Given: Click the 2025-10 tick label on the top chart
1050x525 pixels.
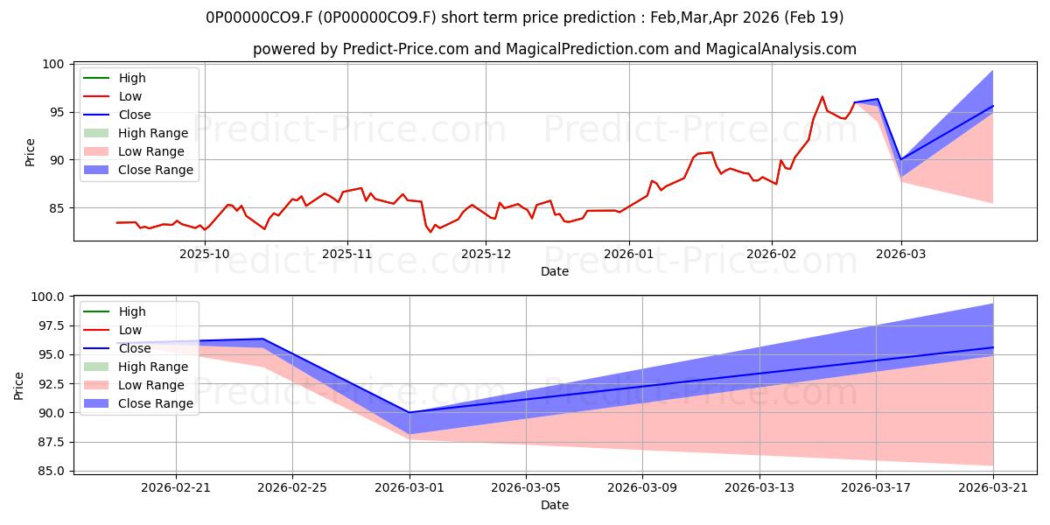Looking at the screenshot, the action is coord(205,254).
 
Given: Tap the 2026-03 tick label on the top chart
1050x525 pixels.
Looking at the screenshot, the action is coord(901,254).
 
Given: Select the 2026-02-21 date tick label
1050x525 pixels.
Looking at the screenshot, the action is coord(176,488).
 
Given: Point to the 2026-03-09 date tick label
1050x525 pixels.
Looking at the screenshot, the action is coord(642,488).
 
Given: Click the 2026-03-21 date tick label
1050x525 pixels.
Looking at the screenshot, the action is coord(993,488).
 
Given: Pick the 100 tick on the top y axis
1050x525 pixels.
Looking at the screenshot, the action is coord(52,64).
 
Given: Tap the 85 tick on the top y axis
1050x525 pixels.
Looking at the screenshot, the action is coord(56,208).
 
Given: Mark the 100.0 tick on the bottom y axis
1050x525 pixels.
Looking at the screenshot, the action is coord(47,297).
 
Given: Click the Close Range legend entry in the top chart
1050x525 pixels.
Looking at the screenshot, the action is coord(138,170).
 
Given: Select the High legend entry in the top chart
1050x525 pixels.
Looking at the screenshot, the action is coord(115,78).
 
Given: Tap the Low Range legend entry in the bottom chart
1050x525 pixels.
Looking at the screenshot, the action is coord(134,385).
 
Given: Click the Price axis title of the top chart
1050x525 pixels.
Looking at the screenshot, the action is coord(30,152).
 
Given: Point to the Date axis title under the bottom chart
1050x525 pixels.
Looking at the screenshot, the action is coord(555,505).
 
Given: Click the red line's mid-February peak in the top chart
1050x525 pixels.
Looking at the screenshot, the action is coord(822,96).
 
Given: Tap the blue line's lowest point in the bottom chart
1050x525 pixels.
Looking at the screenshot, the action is coord(409,412).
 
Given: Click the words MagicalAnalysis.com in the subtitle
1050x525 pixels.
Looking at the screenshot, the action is coord(780,49).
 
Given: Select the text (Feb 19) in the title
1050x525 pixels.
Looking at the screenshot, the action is coord(814,17).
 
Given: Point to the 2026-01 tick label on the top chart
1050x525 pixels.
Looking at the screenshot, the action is coord(628,254).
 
